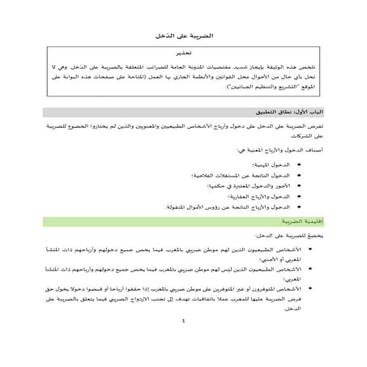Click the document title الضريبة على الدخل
tap(183, 36)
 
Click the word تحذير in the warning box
tap(183, 51)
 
